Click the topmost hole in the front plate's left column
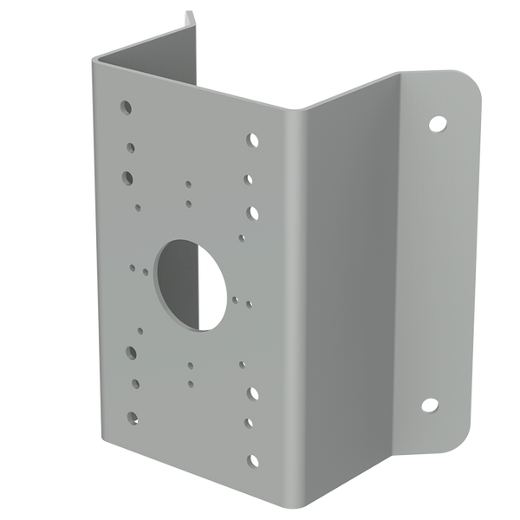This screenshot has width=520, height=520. point(127,107)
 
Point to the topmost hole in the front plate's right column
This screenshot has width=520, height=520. point(252,139)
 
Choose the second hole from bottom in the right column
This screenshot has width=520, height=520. point(250,423)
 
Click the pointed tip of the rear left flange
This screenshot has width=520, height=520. point(187,12)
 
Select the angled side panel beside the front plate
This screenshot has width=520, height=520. point(347,286)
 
